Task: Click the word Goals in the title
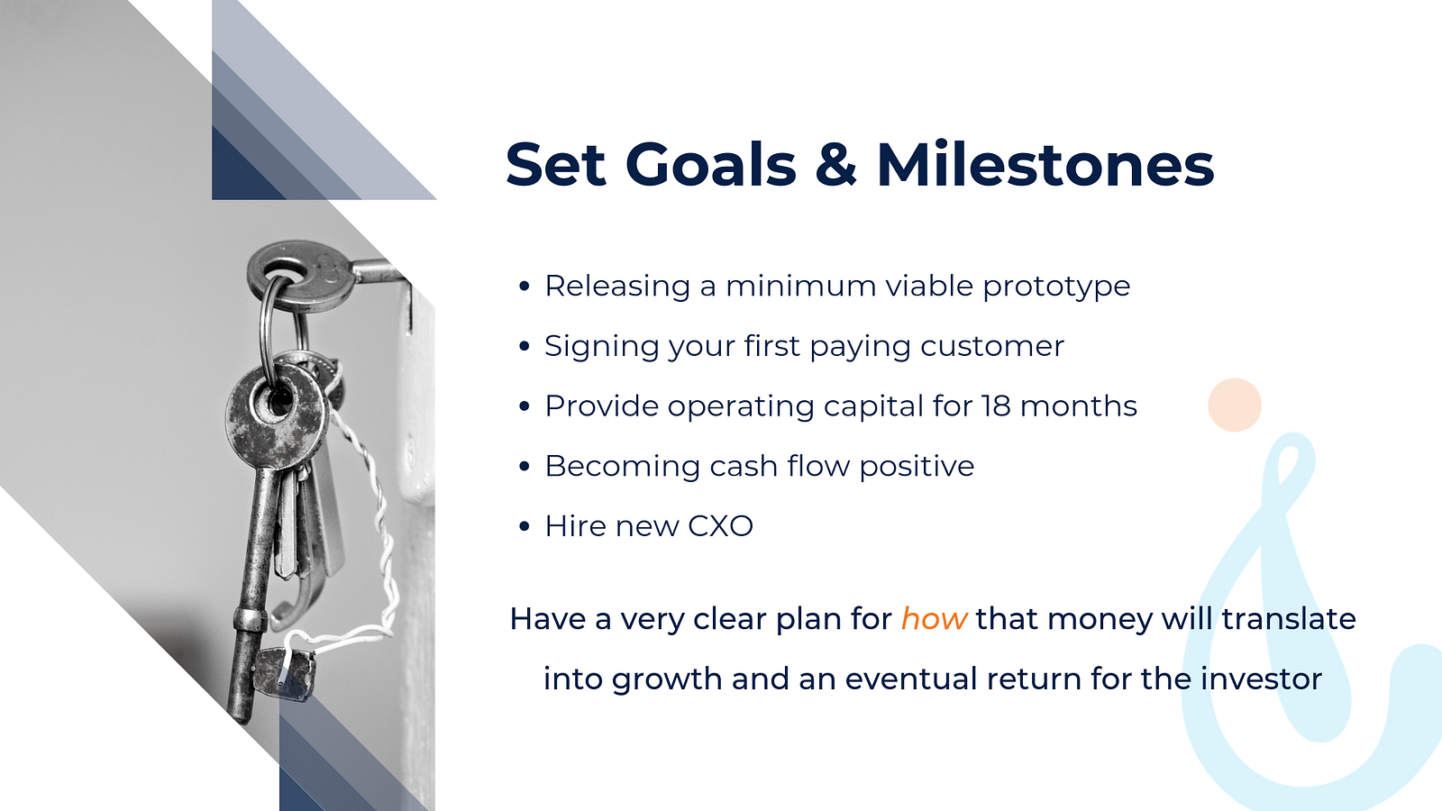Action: click(x=711, y=164)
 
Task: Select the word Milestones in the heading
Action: click(x=1045, y=164)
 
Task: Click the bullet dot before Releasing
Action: click(x=524, y=287)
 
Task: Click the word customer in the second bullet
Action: click(x=992, y=346)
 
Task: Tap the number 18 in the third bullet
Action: click(x=996, y=406)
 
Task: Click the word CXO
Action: click(x=720, y=526)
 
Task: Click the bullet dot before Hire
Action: click(x=524, y=526)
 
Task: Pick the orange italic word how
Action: click(x=934, y=618)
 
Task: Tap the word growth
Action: click(x=667, y=680)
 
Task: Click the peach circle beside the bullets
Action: click(x=1235, y=405)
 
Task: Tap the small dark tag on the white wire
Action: click(x=284, y=673)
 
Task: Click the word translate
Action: click(x=1289, y=618)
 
